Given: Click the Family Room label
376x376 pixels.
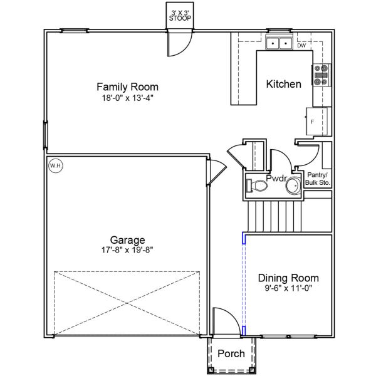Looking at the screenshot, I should point(127,86).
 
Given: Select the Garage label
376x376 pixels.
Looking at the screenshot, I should point(128,239).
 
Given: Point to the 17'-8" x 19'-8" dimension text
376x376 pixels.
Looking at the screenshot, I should point(128,249).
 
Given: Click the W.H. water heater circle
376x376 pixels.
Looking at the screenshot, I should point(55,165).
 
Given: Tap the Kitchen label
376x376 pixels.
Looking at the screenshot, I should point(283,84).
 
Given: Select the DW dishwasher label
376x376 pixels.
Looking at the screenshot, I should point(301,46).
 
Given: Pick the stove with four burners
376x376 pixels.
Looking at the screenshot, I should point(321,75).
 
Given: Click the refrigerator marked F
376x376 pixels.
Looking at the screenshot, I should point(317,120).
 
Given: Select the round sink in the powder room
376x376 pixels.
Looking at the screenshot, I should point(293,186).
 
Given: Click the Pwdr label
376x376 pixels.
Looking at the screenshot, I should point(276,178).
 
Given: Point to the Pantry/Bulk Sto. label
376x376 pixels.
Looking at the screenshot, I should point(318,179).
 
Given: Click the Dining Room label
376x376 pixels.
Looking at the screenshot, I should point(288,278).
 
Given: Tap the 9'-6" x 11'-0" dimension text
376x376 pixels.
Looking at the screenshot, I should point(288,289).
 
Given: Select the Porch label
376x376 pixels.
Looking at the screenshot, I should point(231,354).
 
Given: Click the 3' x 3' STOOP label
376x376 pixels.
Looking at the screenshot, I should point(182,16).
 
